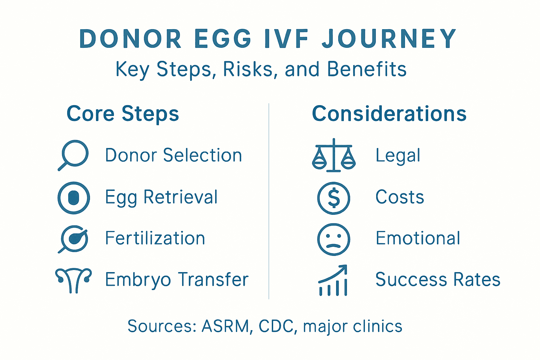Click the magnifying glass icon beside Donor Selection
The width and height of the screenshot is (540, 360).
(73, 155)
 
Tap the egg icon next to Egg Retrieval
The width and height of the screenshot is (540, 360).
(73, 198)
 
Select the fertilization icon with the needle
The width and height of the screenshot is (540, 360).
(73, 239)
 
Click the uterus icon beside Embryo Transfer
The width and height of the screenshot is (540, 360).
(73, 280)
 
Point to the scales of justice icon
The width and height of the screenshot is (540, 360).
(334, 156)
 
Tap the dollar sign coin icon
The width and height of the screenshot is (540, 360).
(334, 198)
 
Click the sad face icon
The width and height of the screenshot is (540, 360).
(334, 239)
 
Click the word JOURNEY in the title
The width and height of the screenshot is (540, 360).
(389, 39)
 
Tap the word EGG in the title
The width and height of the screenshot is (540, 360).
(223, 39)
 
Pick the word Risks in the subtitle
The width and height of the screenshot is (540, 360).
(248, 69)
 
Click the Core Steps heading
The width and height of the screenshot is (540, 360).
(123, 114)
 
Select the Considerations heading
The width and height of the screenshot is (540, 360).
(389, 114)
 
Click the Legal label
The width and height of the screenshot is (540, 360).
(398, 156)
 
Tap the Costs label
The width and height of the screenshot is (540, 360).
(400, 197)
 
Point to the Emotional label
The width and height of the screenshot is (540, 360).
(418, 238)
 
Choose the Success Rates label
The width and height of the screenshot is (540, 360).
(438, 280)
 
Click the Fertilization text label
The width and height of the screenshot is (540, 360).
(155, 238)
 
